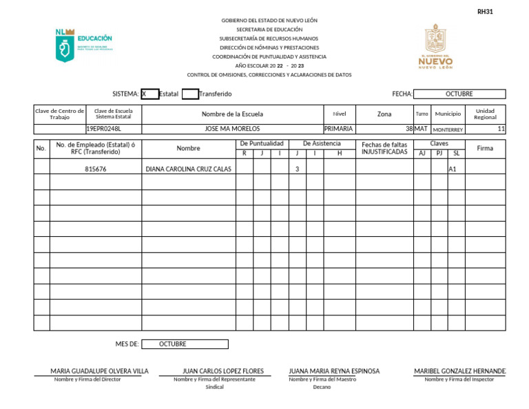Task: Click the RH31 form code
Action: coord(485,12)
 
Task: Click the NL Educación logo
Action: coord(83,45)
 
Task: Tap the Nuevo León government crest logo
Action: coord(436,47)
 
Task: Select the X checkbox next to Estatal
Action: coord(149,94)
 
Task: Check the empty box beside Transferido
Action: coord(190,94)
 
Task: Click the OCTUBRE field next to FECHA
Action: coord(459,94)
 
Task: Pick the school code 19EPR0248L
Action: coord(103,129)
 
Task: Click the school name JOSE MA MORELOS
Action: coord(232,129)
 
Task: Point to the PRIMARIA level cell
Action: coord(338,129)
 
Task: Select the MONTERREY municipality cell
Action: coord(448,129)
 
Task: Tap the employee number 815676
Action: coord(95,169)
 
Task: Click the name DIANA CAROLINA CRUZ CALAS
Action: coord(188,169)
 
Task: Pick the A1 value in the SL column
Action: coord(453,169)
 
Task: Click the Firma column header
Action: coord(485,148)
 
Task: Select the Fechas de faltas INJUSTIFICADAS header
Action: coord(384,148)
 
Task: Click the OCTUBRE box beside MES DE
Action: coord(184,344)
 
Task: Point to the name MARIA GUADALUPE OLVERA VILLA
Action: coord(99,371)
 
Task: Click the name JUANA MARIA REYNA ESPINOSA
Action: coord(334,371)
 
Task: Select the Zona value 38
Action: coord(408,129)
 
